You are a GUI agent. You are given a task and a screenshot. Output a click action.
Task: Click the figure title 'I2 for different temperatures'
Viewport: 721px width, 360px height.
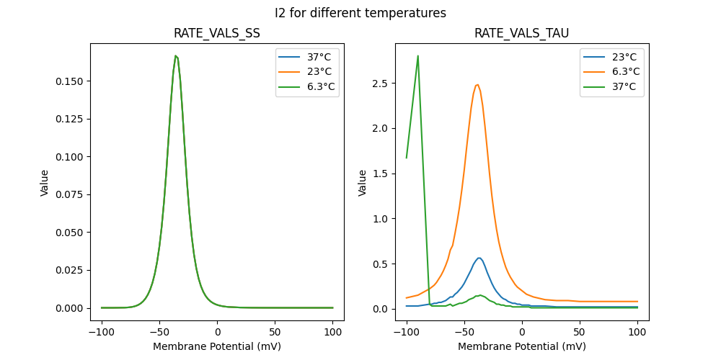pos(360,13)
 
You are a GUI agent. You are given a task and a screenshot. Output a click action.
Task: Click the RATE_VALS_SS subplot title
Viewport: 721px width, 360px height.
pos(217,33)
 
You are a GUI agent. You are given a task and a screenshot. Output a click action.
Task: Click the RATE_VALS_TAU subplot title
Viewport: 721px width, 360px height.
pos(521,33)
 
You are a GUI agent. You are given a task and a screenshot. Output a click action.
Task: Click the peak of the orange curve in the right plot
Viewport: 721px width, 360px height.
pos(477,84)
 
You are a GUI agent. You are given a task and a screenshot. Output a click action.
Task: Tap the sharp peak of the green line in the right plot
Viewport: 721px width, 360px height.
pos(418,55)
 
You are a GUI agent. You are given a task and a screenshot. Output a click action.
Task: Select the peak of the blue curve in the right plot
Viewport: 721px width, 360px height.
pos(479,258)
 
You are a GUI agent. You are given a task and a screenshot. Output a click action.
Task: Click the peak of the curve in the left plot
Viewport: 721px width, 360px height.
pos(175,55)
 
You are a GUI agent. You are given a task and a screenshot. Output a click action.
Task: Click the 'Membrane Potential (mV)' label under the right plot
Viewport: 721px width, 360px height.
pos(521,346)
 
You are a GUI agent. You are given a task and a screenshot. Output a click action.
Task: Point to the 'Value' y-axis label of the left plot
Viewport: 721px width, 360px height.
pos(45,182)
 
